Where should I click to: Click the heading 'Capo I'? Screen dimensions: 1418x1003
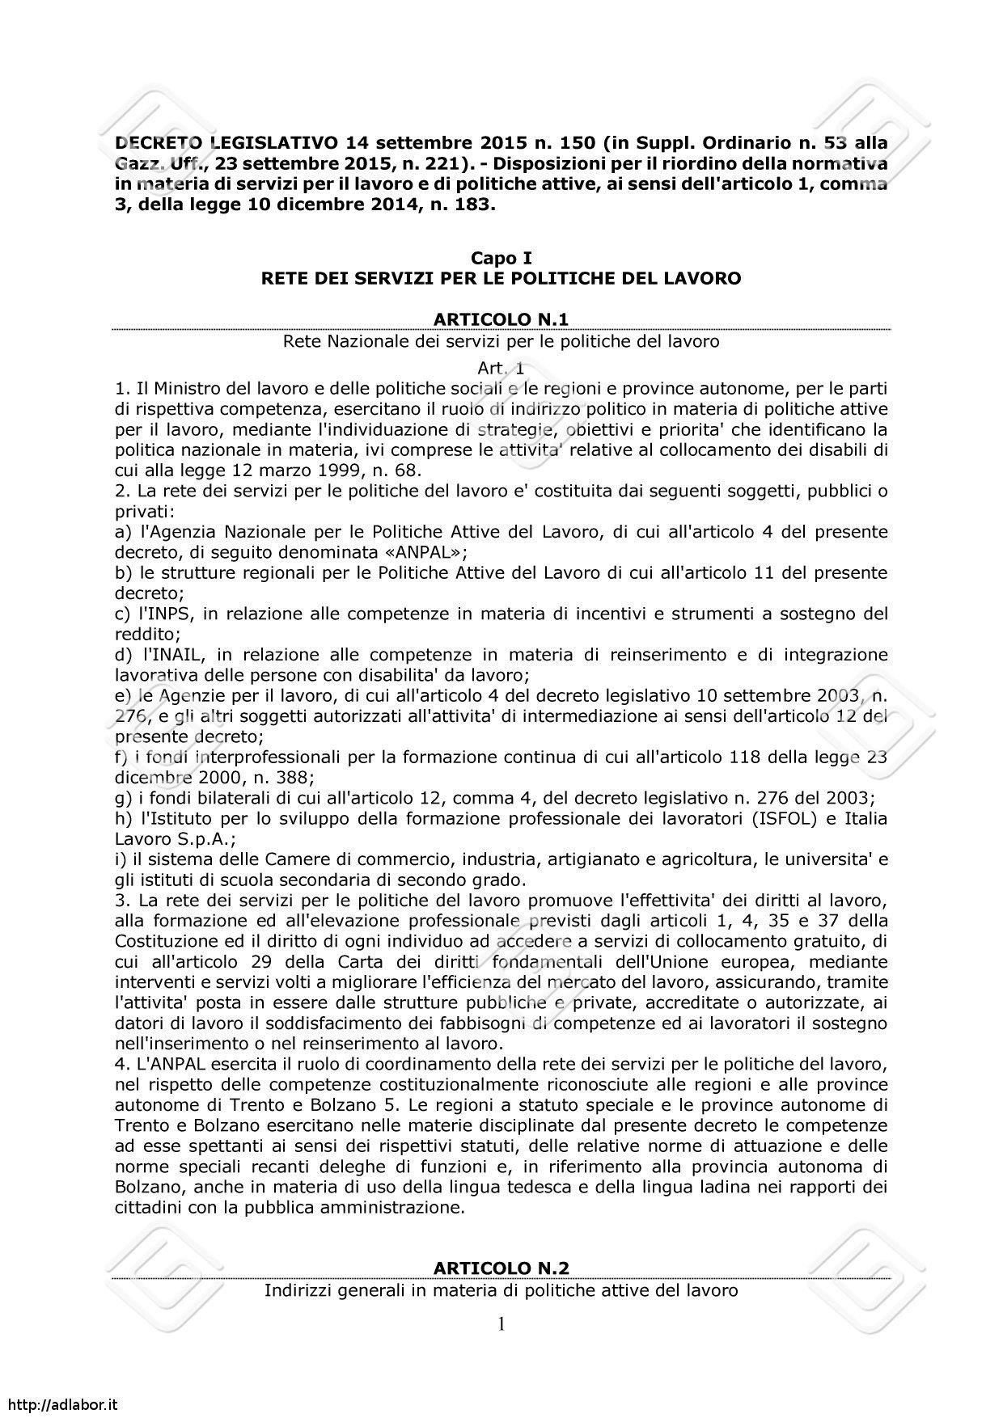(501, 258)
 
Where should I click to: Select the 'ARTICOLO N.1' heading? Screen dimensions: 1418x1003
(501, 320)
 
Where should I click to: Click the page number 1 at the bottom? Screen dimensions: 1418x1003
(501, 1323)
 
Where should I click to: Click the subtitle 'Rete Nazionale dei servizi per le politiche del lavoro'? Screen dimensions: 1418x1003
(501, 341)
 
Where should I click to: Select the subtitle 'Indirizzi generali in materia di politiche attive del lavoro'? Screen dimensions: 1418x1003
(501, 1290)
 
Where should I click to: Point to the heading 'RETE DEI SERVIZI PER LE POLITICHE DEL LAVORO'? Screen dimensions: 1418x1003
(501, 279)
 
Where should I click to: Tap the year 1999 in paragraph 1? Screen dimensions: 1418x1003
(313, 470)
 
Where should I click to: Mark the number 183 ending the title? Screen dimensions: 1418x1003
(467, 205)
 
